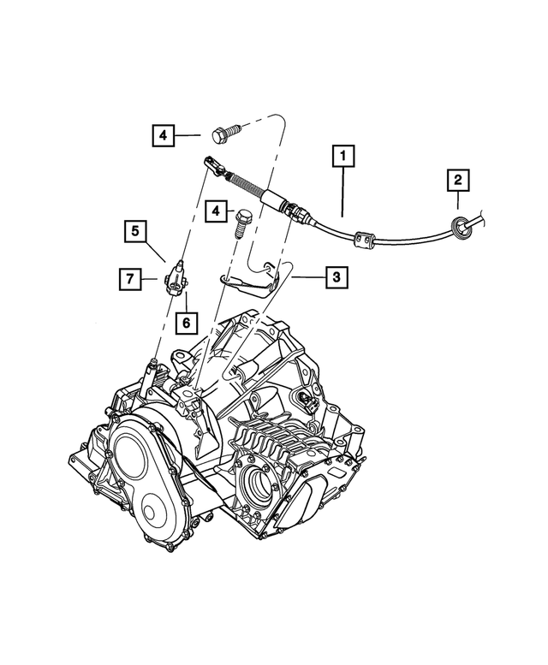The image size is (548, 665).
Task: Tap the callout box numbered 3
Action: click(x=336, y=276)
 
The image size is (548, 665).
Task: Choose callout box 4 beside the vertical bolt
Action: click(x=217, y=210)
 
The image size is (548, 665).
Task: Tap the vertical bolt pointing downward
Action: click(x=241, y=223)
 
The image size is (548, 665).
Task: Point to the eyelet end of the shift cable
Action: click(x=210, y=161)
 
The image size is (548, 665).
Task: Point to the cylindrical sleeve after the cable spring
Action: click(x=277, y=203)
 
